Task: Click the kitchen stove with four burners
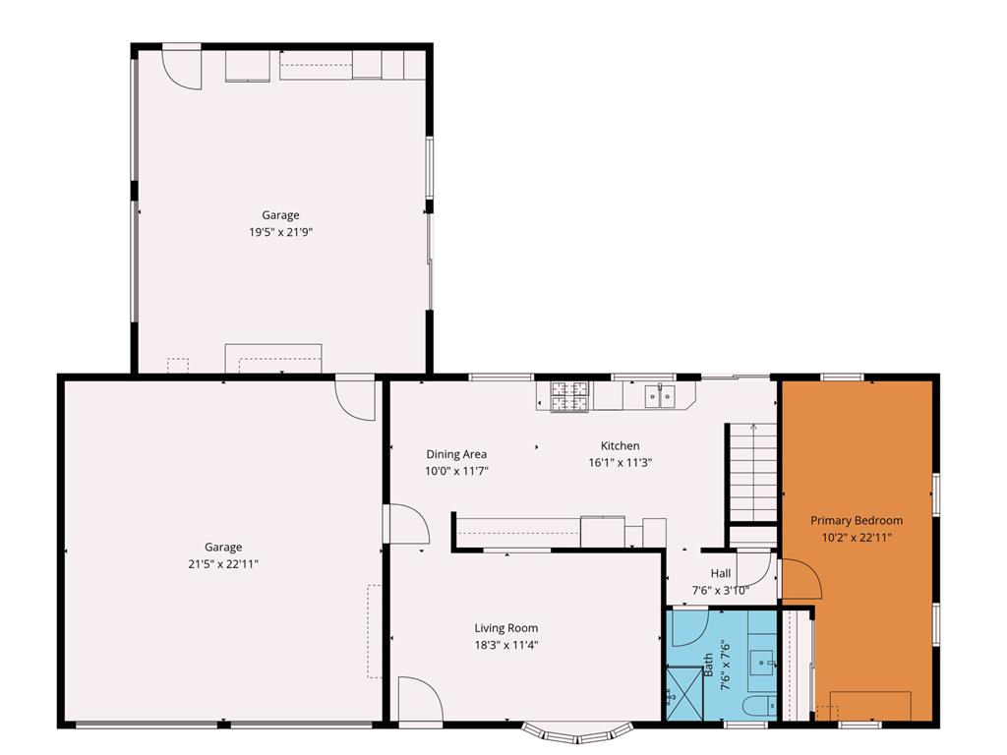tap(569, 396)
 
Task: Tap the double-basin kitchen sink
tap(660, 396)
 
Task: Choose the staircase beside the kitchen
tap(753, 472)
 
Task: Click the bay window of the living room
tap(576, 732)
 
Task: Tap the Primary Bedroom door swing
tap(800, 579)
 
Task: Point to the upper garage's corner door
tap(183, 67)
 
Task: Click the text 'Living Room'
tap(506, 628)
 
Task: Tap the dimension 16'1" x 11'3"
tap(621, 462)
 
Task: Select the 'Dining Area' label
tap(456, 454)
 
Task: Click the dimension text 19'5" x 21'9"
tap(280, 232)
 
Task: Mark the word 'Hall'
tap(721, 574)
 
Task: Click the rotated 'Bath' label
tap(708, 666)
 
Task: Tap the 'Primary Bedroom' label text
tap(856, 520)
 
